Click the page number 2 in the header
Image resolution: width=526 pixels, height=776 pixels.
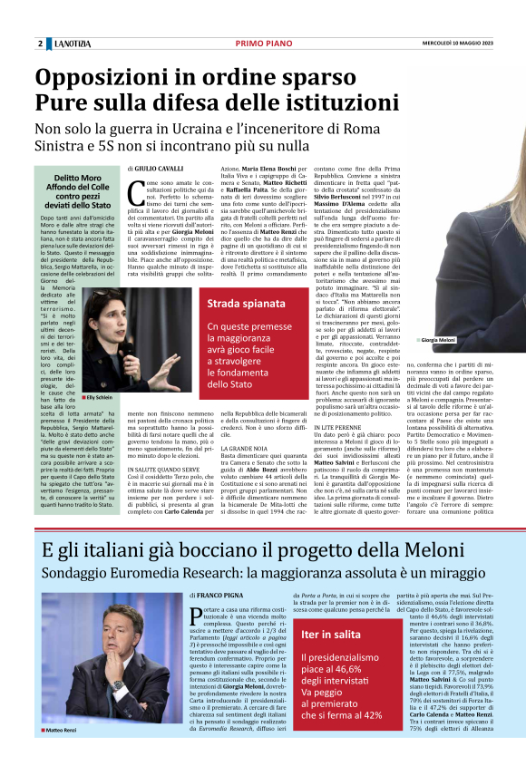[41, 44]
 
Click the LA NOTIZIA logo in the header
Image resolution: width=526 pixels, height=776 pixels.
[75, 44]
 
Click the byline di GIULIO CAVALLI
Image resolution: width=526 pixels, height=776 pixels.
[157, 169]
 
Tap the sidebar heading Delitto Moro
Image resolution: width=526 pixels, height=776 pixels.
[75, 178]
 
